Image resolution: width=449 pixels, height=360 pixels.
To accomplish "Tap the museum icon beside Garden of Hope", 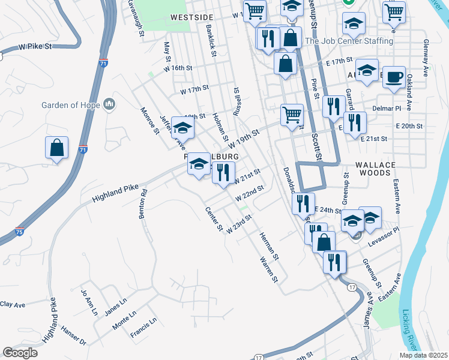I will pyautogui.click(x=109, y=105).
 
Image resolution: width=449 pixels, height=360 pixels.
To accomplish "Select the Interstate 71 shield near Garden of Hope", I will pyautogui.click(x=83, y=149).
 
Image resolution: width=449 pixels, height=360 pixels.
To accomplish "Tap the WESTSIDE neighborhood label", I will pyautogui.click(x=191, y=17).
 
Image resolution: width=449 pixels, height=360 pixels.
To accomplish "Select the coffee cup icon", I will pyautogui.click(x=394, y=77).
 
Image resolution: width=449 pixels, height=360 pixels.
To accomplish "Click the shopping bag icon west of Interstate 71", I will pyautogui.click(x=56, y=148).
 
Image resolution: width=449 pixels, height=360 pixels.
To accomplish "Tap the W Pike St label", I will pyautogui.click(x=36, y=46).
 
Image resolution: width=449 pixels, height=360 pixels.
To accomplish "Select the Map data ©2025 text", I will pyautogui.click(x=423, y=355).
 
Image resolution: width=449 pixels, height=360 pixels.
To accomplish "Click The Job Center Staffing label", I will pyautogui.click(x=349, y=41).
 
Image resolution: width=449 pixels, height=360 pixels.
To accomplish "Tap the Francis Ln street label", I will pyautogui.click(x=145, y=327).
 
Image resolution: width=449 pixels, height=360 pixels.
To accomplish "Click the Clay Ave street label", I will pyautogui.click(x=13, y=305).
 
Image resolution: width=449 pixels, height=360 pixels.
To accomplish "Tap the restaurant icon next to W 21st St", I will pyautogui.click(x=223, y=173).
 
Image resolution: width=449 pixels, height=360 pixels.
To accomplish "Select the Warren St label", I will pyautogui.click(x=270, y=269).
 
